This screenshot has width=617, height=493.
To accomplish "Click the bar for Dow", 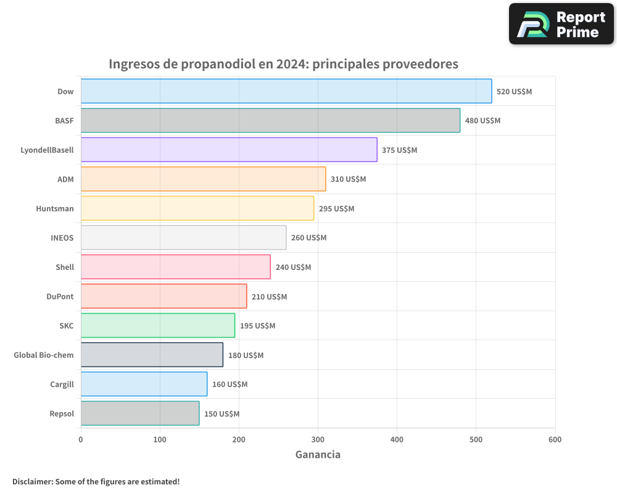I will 286,91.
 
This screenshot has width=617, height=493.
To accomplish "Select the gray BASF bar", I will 270,120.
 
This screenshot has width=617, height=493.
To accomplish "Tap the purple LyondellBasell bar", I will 228,150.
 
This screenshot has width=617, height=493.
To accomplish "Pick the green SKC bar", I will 157,325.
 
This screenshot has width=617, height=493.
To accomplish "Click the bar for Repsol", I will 139,414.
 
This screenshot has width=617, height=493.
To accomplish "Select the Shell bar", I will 175,267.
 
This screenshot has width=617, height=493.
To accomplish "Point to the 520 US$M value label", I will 514,91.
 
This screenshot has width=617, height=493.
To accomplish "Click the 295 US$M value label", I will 336,208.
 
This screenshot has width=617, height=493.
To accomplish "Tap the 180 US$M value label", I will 246,355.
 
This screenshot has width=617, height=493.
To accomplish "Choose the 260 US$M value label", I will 308,238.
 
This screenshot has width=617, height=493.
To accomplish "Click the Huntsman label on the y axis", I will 55,208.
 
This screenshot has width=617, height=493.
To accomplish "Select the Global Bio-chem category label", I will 44,355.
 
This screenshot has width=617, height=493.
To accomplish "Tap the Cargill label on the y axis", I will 62,384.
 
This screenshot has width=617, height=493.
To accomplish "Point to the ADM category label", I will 65,179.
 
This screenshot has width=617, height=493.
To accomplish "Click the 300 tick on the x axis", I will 318,439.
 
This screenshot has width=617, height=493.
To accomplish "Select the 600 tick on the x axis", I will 555,439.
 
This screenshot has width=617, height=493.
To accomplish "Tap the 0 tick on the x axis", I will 81,439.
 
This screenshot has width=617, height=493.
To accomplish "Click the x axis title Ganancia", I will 318,455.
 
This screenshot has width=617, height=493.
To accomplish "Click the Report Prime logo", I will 561,24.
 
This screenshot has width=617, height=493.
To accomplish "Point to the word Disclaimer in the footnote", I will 31,481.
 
